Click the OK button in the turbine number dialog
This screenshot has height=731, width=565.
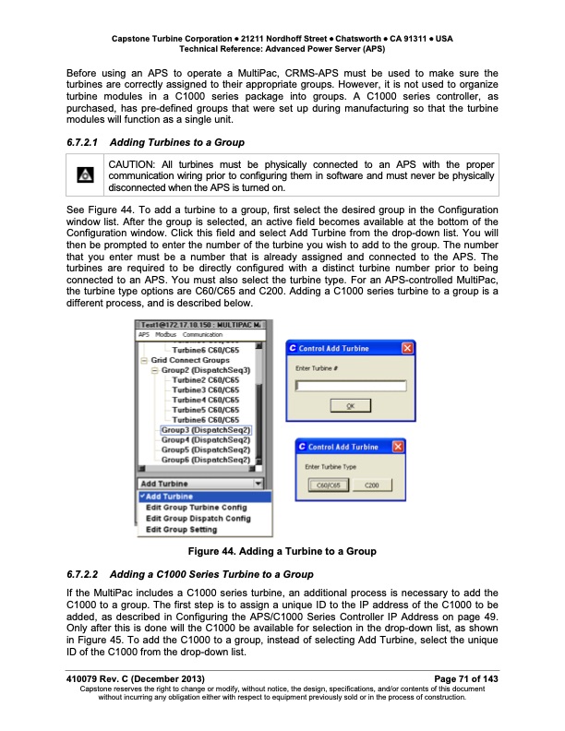point(350,406)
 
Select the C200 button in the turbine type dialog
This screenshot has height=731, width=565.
point(372,485)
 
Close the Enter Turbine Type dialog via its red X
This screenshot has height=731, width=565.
point(399,447)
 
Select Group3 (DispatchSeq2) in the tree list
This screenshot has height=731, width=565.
point(206,429)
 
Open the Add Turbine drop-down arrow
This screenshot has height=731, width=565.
point(258,484)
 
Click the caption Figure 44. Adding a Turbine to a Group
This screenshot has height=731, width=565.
point(282,552)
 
